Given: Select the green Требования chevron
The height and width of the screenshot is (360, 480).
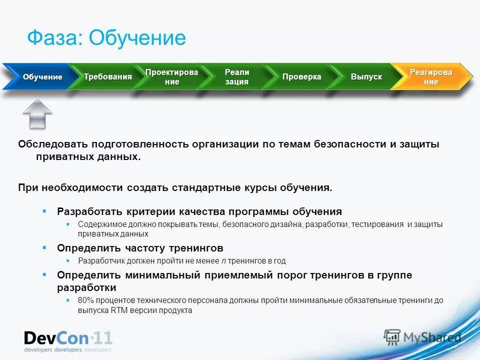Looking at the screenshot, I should click(107, 77).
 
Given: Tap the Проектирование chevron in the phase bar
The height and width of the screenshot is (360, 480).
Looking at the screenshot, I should click(171, 77).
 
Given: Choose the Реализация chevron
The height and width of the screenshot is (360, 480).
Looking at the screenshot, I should click(236, 77).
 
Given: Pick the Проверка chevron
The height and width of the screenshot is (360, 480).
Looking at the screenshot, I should click(301, 77).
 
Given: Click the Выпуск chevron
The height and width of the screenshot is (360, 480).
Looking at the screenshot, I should click(366, 77).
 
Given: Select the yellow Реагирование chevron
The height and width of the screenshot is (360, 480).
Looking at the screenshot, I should click(431, 77).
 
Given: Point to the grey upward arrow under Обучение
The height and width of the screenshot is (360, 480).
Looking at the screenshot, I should click(37, 113).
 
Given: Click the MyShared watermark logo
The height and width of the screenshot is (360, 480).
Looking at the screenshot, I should click(422, 337).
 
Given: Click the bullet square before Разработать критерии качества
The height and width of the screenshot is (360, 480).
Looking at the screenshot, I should click(44, 211).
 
